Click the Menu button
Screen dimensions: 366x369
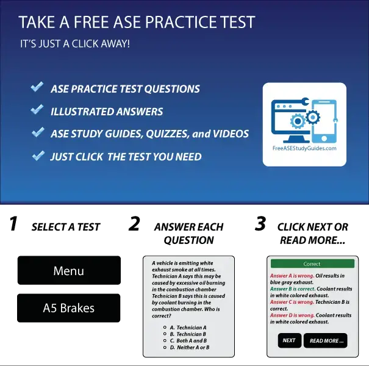coord(68,271)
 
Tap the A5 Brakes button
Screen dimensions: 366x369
coord(68,308)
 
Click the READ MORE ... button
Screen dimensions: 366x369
coord(326,340)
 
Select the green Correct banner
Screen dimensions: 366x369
coord(312,264)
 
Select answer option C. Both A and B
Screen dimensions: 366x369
coord(188,340)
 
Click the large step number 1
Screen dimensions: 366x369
coord(13,224)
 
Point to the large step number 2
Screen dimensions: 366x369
coord(134,224)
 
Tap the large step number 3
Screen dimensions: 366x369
coord(260,224)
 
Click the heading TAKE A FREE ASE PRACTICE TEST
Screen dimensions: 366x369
coord(137,23)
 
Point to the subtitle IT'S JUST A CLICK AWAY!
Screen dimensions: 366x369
coord(74,45)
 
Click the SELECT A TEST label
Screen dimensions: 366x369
coord(66,227)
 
